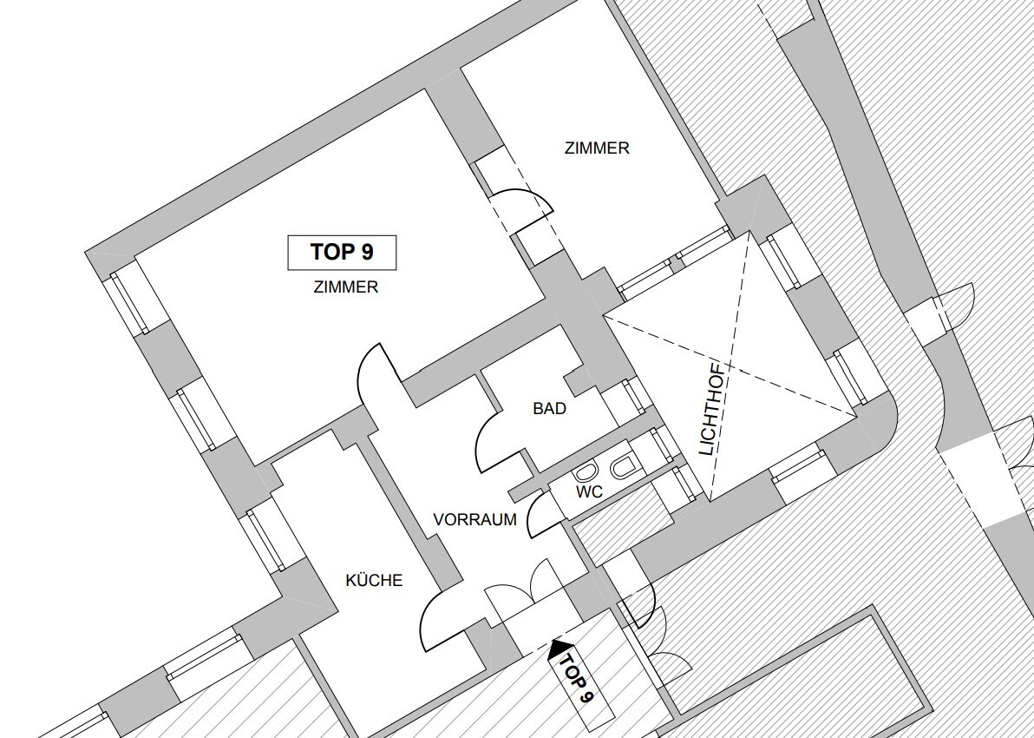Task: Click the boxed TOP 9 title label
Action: pos(342,252)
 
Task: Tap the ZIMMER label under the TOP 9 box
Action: pos(346,287)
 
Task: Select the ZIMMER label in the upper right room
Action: pos(597,148)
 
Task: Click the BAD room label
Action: pos(549,409)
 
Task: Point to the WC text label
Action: pos(589,491)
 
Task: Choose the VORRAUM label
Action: pos(474,519)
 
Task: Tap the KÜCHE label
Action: pos(374,580)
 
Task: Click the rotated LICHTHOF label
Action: pos(714,409)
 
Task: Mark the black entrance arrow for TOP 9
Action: pos(560,649)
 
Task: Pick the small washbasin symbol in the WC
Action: pos(585,472)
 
